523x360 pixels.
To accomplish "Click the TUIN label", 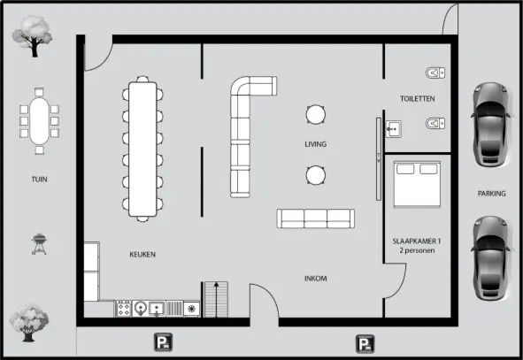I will pos(38,179).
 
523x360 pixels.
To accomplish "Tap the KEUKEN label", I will pos(142,255).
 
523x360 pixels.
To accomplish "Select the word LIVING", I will pos(315,143).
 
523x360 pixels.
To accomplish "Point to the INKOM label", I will pos(315,279).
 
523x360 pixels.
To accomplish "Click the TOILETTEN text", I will pos(417,98).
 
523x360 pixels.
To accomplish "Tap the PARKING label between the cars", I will pos(491,193).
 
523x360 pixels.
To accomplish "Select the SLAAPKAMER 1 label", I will pos(416,241).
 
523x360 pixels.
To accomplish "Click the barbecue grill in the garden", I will pos(39,243).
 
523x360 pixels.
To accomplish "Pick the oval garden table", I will pos(39,117).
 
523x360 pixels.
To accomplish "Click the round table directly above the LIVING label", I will pos(315,114).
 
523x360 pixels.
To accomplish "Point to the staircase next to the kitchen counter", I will pos(216,299).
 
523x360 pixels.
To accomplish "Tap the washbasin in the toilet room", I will pos(394,129).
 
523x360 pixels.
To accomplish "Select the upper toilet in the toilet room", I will pos(434,72).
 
